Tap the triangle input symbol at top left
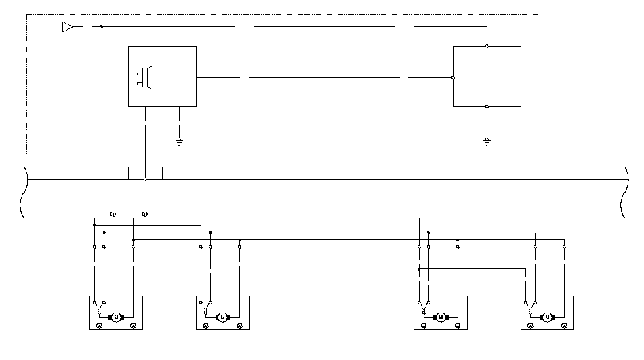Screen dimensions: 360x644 67,26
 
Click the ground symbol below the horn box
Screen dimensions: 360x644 179,140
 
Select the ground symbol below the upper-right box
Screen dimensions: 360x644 487,140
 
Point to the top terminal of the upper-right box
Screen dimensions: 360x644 487,46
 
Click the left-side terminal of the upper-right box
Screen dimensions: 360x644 453,77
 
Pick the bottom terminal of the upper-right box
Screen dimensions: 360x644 487,106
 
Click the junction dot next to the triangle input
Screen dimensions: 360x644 102,26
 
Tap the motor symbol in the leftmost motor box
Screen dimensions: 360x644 115,317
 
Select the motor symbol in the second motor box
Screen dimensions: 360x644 222,317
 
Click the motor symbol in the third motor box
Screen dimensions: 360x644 440,317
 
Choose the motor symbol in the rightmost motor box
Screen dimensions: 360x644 546,317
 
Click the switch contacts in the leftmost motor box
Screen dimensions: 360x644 99,306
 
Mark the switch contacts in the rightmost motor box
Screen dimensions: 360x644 530,306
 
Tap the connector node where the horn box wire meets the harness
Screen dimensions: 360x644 145,179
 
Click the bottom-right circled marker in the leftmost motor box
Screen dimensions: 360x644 133,325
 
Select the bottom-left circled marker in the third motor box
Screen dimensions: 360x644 424,325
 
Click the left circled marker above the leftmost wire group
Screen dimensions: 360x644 113,214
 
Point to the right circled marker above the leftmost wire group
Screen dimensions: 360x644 145,214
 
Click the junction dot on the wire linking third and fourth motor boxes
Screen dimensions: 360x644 419,268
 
